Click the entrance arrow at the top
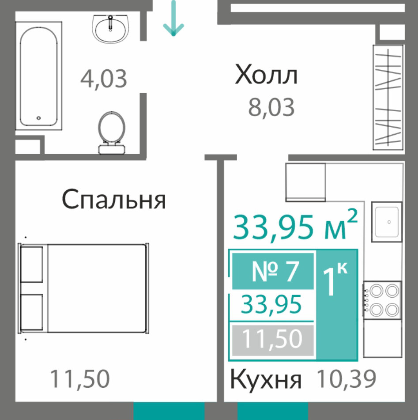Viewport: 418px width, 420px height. coord(173,18)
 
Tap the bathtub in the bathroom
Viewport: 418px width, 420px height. coord(38,76)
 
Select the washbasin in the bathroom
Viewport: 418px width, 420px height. coord(110,29)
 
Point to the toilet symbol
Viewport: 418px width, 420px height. coord(112,133)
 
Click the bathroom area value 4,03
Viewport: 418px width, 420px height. coord(104,79)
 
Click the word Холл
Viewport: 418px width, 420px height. coord(266,75)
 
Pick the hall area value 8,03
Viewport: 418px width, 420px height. coord(271,107)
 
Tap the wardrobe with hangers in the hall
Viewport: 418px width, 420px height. coord(388,98)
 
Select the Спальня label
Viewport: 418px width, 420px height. coord(114,199)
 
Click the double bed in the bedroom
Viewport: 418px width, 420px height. coord(83,288)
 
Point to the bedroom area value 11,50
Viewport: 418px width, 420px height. coord(80,378)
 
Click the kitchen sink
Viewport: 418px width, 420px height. coord(387,222)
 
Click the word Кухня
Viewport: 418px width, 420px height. coord(266,379)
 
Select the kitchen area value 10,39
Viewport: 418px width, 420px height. coord(346,378)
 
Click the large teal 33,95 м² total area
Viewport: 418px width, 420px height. coord(295,226)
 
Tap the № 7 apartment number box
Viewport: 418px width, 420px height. coord(273,271)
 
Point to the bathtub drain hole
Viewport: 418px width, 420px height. coord(38,118)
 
